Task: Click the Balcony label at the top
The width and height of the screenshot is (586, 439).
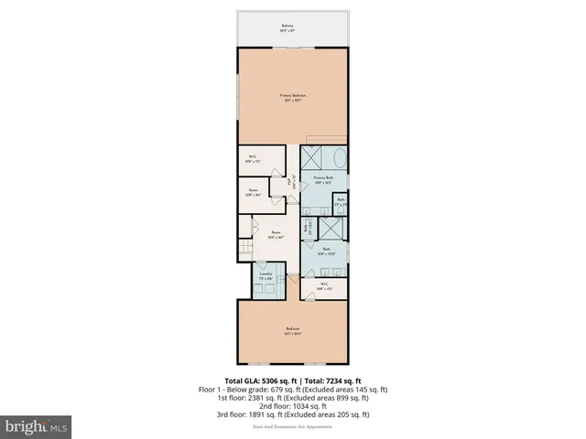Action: (x=293, y=27)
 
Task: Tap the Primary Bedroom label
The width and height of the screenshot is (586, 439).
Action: (x=293, y=97)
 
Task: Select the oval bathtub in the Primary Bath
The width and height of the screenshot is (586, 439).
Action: (x=337, y=158)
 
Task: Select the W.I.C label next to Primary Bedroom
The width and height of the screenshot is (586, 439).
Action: (x=254, y=159)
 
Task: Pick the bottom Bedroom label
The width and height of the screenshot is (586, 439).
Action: (x=292, y=331)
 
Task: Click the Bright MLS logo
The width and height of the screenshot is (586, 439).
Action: (x=37, y=426)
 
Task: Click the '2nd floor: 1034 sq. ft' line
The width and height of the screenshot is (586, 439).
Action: (x=293, y=405)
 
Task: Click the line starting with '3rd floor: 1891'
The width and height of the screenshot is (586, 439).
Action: (x=293, y=414)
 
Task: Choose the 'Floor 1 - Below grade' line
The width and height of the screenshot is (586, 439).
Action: (x=293, y=389)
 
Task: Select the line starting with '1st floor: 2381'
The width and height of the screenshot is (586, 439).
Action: (x=293, y=397)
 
